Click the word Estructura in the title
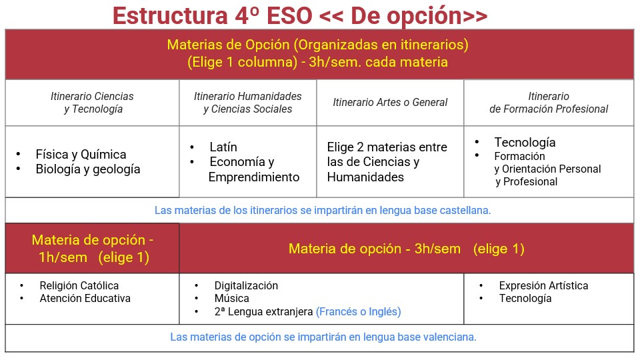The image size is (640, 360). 170,15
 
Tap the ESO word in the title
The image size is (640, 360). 289,15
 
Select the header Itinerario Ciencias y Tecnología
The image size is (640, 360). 92,103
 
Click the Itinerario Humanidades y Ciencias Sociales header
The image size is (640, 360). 248,103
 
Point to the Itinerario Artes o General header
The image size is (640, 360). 390,102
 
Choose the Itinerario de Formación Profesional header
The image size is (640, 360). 549,103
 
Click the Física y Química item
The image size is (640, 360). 81,154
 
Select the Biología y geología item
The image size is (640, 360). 88,169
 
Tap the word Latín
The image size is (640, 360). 223,147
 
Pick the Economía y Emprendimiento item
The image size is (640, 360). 254,169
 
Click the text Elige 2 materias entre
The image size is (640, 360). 387,147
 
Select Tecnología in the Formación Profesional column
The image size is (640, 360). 525,142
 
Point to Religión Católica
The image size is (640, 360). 79,285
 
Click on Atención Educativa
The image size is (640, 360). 85,299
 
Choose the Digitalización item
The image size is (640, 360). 246,285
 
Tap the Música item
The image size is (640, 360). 232,299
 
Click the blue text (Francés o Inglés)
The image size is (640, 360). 359,311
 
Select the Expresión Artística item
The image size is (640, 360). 544,285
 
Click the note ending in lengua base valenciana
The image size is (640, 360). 323,337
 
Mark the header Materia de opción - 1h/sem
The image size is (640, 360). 92,248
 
